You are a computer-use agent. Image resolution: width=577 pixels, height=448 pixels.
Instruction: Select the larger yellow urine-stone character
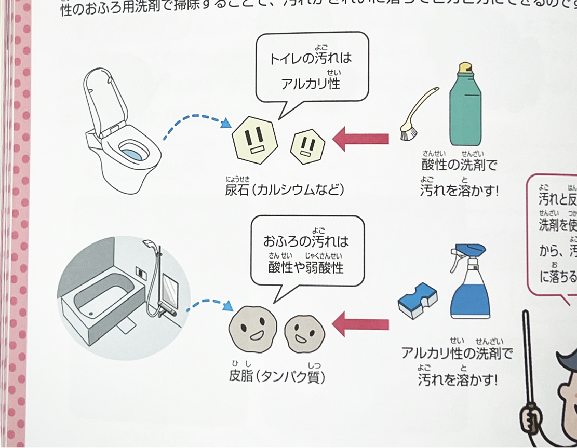pos(254,140)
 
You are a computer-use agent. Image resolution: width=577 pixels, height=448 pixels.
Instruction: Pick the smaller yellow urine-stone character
pos(307,145)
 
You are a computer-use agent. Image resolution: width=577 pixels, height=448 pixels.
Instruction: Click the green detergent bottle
pos(465,112)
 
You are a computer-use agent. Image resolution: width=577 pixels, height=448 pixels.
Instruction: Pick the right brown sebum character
pos(304,332)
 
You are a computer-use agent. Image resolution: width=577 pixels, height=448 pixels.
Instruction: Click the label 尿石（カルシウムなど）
pos(284,189)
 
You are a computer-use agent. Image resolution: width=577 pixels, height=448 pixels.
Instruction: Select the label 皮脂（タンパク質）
pos(277,376)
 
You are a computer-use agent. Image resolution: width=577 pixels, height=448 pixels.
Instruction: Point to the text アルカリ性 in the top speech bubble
pos(311,83)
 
